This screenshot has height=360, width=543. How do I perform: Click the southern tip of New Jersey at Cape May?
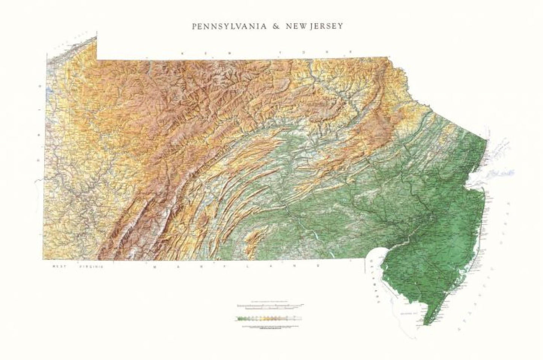[425, 324]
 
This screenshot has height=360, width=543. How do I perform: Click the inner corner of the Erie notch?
[97, 59]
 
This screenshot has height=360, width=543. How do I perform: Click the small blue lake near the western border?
[49, 92]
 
